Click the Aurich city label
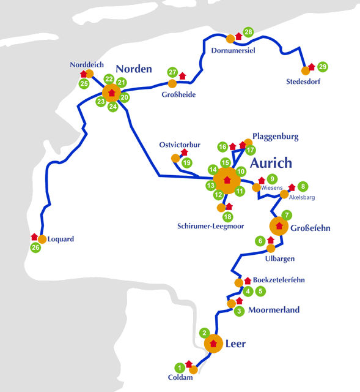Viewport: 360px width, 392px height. [271, 163]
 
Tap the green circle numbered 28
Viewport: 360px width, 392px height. [248, 32]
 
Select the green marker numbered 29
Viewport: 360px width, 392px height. [323, 67]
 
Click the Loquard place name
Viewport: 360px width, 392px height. [61, 239]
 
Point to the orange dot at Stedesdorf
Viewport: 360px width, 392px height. [306, 71]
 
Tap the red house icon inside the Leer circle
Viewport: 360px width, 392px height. [213, 344]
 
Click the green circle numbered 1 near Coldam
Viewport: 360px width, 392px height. [180, 367]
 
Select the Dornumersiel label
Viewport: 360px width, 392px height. [233, 50]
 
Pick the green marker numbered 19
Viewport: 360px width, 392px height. [187, 163]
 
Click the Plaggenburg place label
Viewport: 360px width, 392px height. [276, 137]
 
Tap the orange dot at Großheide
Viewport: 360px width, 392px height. [172, 84]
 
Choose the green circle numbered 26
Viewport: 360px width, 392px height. [35, 247]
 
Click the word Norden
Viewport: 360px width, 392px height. [134, 69]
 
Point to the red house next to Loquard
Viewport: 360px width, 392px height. [34, 237]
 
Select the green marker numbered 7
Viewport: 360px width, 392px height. [287, 215]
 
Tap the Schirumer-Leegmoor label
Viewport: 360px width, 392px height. [211, 226]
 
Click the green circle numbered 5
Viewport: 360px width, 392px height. [260, 292]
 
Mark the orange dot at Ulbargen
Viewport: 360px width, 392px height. [271, 249]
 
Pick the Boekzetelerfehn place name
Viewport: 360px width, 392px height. [279, 280]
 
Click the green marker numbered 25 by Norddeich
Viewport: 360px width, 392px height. [84, 84]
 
